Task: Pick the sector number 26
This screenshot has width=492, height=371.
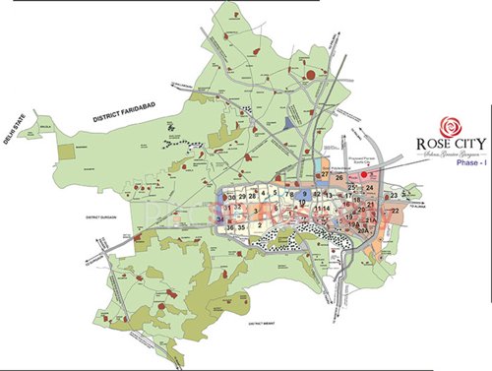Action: [x=339, y=177]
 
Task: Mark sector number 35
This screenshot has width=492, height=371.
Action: [x=241, y=227]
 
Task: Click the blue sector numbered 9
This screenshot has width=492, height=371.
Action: [x=305, y=194]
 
